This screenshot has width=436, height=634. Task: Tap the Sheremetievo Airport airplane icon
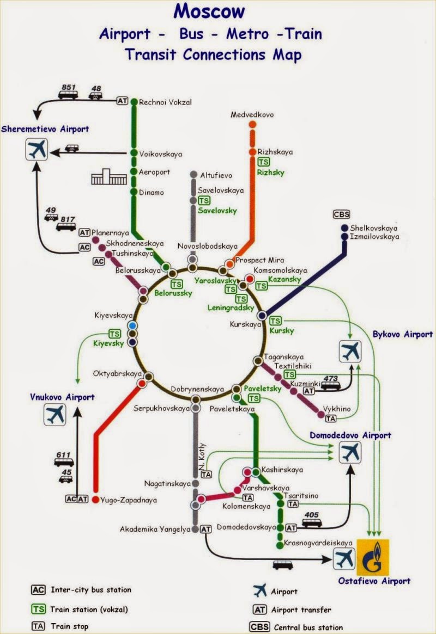pyautogui.click(x=37, y=149)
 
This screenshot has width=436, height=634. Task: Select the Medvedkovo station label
pyautogui.click(x=252, y=115)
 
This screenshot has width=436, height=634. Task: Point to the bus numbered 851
pyautogui.click(x=69, y=94)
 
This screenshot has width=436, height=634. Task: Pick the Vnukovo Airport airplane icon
pyautogui.click(x=55, y=415)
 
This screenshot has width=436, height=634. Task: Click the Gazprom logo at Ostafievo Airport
pyautogui.click(x=372, y=554)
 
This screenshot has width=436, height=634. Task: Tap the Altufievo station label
pyautogui.click(x=216, y=176)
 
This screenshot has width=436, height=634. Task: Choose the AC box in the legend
pyautogui.click(x=38, y=589)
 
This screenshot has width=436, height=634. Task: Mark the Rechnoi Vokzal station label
pyautogui.click(x=166, y=102)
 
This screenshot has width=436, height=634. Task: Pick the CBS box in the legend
pyautogui.click(x=259, y=626)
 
